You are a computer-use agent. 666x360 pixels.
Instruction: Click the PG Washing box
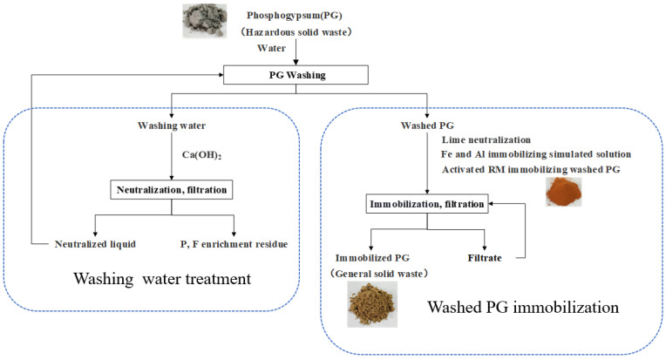(296, 75)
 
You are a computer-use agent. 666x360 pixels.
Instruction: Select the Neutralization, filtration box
(172, 190)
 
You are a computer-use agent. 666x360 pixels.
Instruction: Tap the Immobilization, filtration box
(427, 204)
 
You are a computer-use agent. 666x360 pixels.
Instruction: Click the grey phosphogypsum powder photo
(204, 21)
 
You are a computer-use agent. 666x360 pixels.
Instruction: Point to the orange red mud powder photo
(564, 192)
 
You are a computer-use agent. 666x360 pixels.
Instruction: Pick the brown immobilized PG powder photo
(372, 304)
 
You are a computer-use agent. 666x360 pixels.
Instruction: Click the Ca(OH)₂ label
(201, 155)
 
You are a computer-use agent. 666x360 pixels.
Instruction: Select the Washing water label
(172, 126)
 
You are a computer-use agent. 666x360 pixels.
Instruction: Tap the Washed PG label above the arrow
(427, 126)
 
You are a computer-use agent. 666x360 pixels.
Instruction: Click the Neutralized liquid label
(95, 244)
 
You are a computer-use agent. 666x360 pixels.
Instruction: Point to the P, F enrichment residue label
(234, 244)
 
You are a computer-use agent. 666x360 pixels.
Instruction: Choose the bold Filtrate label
(485, 258)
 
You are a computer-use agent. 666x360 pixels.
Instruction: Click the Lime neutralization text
(486, 139)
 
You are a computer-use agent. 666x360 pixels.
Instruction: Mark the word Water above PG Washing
(271, 48)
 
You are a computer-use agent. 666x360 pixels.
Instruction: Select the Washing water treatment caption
(162, 278)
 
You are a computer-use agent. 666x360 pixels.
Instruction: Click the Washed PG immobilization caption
(523, 307)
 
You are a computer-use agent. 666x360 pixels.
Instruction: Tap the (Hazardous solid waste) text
(296, 32)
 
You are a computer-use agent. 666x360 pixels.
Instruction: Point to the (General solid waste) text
(379, 274)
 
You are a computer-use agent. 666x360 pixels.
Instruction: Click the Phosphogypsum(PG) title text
(295, 16)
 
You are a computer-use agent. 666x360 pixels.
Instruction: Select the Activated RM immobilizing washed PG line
(531, 169)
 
